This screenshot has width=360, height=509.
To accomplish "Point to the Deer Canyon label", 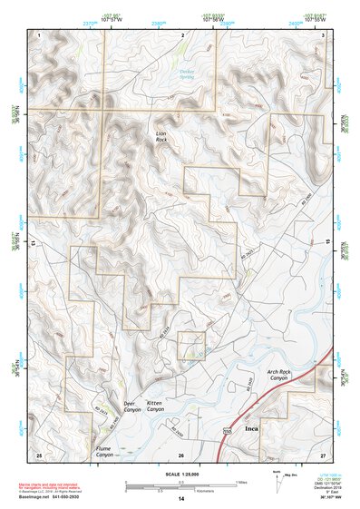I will pyautogui.click(x=134, y=406).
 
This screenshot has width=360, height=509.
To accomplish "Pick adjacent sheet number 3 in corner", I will pyautogui.click(x=323, y=34).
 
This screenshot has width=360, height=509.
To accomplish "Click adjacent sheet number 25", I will pyautogui.click(x=39, y=453).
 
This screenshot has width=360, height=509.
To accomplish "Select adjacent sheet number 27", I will pyautogui.click(x=322, y=453).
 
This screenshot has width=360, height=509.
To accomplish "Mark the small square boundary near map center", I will pyautogui.click(x=190, y=345).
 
